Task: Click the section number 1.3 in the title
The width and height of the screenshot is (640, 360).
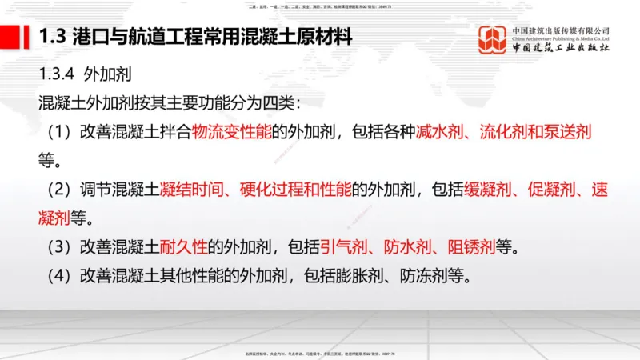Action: click(54, 37)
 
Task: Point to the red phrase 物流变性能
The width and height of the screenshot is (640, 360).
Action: click(231, 130)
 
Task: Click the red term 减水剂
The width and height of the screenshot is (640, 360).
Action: click(440, 130)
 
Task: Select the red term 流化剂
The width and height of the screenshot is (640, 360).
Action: click(504, 130)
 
